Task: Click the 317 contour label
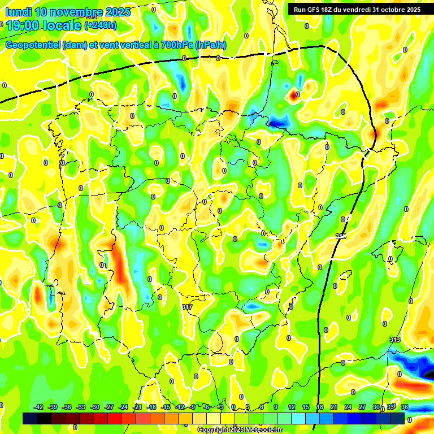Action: tap(188, 307)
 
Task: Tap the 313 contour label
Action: tap(395, 340)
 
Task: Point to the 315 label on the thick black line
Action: tap(340, 236)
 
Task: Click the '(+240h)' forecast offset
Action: tap(101, 25)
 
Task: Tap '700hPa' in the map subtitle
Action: tap(175, 45)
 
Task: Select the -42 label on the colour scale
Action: tap(38, 407)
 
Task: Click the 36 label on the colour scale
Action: tap(405, 407)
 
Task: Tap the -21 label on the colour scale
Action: tap(137, 407)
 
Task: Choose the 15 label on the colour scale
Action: tap(306, 407)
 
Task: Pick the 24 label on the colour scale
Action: tap(348, 407)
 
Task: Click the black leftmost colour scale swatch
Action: tap(30, 418)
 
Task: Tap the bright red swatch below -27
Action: tap(115, 418)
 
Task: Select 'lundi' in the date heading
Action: tap(18, 12)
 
